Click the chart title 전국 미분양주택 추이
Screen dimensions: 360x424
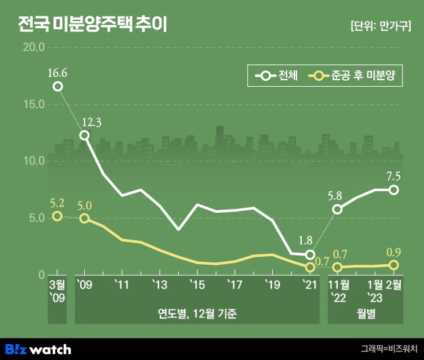(x=92, y=26)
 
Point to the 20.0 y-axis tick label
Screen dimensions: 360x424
(x=33, y=48)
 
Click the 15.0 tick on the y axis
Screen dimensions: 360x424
(x=33, y=104)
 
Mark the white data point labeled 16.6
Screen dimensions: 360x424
(x=58, y=87)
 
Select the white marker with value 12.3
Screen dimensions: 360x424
(x=84, y=135)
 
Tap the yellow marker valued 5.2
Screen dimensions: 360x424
(x=58, y=216)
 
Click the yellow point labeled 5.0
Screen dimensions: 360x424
(x=84, y=218)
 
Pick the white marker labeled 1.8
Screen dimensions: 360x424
(x=310, y=254)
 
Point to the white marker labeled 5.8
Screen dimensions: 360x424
(x=337, y=210)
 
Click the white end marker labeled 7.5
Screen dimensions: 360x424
(x=394, y=190)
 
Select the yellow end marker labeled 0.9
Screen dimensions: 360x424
(x=394, y=265)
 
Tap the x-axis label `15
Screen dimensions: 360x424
(x=197, y=284)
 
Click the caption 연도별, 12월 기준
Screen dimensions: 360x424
(x=197, y=313)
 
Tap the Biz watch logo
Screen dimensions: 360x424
(x=38, y=349)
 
